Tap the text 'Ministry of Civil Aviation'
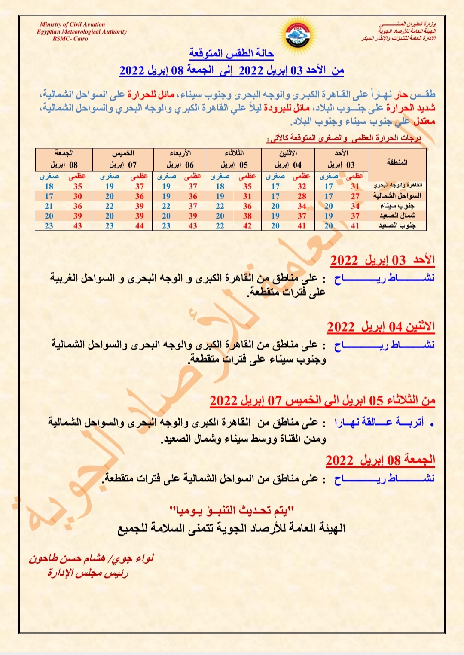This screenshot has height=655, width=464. pyautogui.click(x=72, y=24)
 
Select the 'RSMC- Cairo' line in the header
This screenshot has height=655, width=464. pyautogui.click(x=70, y=39)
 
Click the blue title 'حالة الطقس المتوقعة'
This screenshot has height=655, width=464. pyautogui.click(x=232, y=53)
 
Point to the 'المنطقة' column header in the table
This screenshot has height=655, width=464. pyautogui.click(x=397, y=162)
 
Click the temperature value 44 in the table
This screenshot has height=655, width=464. pyautogui.click(x=140, y=226)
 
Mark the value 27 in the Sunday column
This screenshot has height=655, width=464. pyautogui.click(x=355, y=196)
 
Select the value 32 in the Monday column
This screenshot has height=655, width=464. pyautogui.click(x=302, y=186)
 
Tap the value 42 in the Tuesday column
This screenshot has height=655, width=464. pyautogui.click(x=247, y=226)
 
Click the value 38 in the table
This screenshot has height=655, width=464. pyautogui.click(x=247, y=216)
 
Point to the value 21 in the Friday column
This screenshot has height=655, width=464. pyautogui.click(x=49, y=206)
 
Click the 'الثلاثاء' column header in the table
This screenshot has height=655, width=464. pyautogui.click(x=235, y=153)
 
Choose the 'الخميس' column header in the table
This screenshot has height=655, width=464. pyautogui.click(x=123, y=153)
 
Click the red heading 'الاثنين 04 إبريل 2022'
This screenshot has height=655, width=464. pyautogui.click(x=381, y=327)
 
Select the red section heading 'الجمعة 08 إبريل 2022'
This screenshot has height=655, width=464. pyautogui.click(x=380, y=460)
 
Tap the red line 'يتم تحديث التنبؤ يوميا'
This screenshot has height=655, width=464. pyautogui.click(x=232, y=510)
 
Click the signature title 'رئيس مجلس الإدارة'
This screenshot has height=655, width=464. pyautogui.click(x=88, y=573)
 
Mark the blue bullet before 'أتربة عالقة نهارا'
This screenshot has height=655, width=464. pyautogui.click(x=431, y=424)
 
